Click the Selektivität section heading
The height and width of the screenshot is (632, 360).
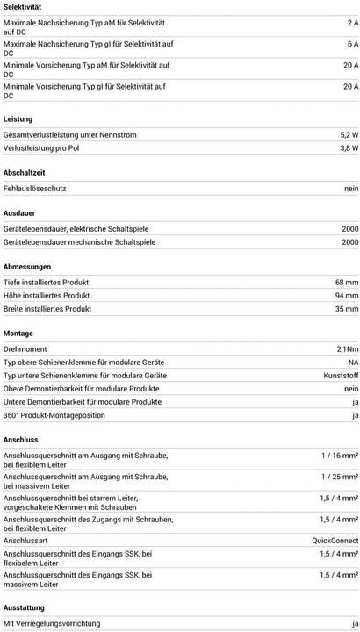tap(24, 6)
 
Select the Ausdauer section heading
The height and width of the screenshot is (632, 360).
tap(21, 213)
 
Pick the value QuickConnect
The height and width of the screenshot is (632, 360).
tap(335, 540)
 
